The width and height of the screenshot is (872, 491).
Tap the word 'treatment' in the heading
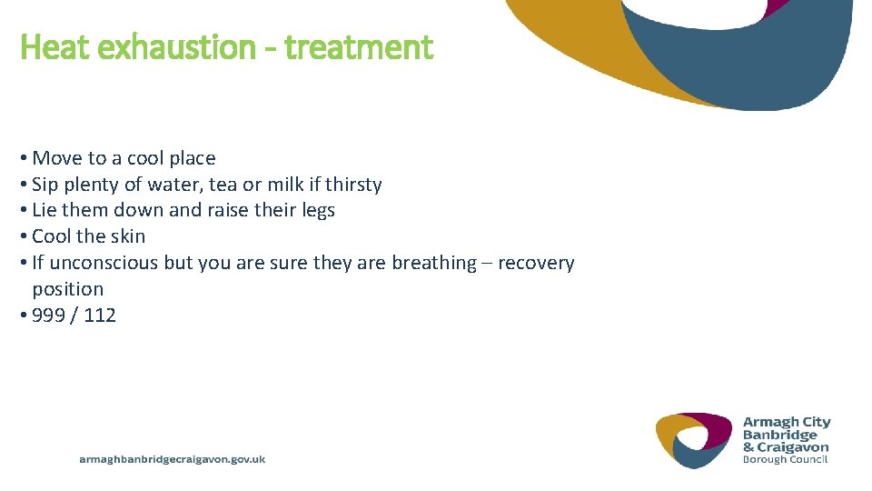coord(359,47)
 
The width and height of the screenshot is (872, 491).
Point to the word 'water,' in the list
coord(174,185)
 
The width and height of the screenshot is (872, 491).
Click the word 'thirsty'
coord(352,185)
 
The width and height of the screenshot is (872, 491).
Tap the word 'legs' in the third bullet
coord(316,210)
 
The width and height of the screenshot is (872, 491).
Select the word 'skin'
coord(128,236)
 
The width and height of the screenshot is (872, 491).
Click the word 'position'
coord(68,289)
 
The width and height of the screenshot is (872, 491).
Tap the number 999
coord(48,316)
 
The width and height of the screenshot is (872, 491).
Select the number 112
coord(99,316)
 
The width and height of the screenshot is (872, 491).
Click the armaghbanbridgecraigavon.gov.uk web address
coord(173,460)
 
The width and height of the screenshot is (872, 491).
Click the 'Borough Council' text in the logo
coord(785,459)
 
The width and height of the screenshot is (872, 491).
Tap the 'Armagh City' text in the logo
coord(787,422)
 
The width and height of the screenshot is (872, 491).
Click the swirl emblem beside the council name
coord(694,440)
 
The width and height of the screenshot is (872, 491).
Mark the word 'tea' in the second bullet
coord(223,185)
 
